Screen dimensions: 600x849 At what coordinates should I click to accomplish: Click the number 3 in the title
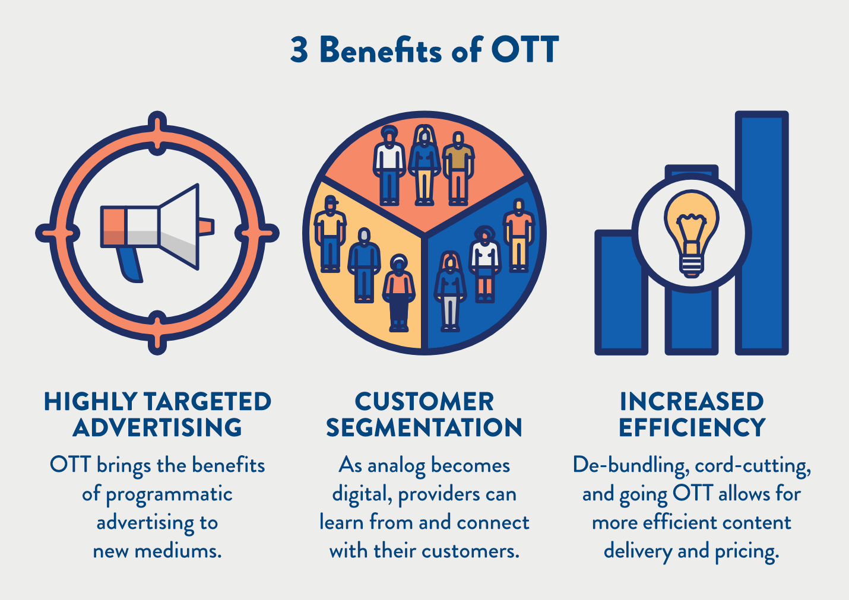tap(299, 50)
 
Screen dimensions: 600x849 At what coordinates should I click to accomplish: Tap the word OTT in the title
tap(524, 50)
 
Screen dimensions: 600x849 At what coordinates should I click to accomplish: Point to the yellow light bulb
tap(691, 228)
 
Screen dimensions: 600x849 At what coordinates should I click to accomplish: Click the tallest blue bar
tap(762, 231)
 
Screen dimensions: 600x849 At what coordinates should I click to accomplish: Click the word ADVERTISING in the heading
tap(157, 427)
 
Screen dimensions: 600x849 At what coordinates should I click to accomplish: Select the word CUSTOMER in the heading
tap(424, 402)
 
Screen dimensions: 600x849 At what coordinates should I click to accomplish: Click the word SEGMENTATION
tap(424, 427)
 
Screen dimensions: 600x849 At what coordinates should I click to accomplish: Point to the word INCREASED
tap(691, 402)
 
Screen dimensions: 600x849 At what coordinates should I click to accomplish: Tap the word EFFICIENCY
tap(692, 427)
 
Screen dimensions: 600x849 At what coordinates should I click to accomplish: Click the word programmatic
tap(169, 494)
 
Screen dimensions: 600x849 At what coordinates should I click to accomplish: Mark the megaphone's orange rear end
tap(113, 226)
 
